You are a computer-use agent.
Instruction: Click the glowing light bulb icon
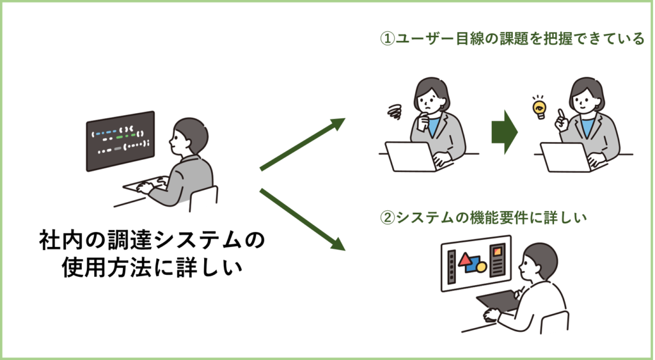click(x=539, y=107)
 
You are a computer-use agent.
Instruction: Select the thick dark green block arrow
click(x=504, y=133)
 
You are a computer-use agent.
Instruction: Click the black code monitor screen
click(x=121, y=141)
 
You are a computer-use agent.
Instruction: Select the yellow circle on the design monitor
click(x=482, y=266)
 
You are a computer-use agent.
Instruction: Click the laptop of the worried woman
click(x=410, y=157)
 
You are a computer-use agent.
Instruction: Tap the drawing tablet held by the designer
click(x=496, y=301)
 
